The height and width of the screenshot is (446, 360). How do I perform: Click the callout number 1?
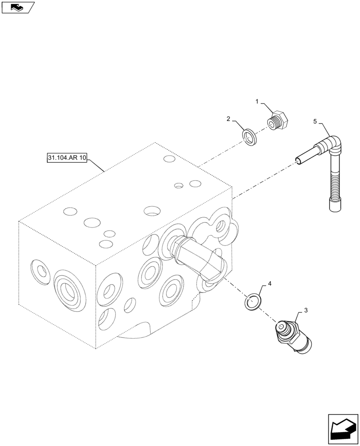(258, 103)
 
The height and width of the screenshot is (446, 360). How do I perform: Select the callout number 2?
(228, 119)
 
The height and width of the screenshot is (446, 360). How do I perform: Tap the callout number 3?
(305, 310)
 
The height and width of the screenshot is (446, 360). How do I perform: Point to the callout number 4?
(269, 283)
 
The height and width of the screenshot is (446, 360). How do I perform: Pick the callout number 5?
(315, 121)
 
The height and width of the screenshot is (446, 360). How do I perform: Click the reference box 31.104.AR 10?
(67, 158)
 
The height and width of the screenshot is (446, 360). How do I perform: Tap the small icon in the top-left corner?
(18, 7)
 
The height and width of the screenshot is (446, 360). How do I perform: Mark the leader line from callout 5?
(325, 129)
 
